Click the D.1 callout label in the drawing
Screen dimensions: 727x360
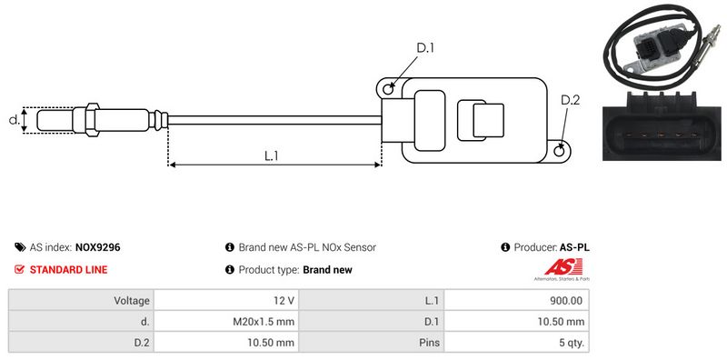coord(424,47)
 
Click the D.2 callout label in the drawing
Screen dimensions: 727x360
coord(571,100)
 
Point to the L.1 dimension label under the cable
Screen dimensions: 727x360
coord(271,155)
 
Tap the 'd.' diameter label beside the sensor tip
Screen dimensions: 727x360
coord(15,120)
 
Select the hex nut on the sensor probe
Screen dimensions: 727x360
coord(93,120)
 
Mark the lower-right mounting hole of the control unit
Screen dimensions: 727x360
coord(560,150)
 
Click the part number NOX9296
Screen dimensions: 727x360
coord(98,247)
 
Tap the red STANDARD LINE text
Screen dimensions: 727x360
coord(69,269)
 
